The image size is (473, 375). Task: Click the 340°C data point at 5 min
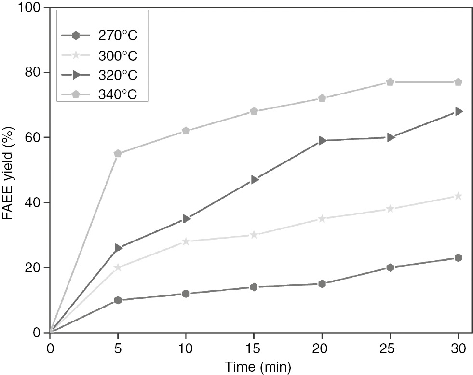point(118,154)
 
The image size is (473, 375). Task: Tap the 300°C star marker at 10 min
point(186,241)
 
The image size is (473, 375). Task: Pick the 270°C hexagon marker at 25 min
point(390,268)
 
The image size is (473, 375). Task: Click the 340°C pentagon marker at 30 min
point(458,82)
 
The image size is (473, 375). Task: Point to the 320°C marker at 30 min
point(458,111)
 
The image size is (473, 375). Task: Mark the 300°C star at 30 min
point(458,196)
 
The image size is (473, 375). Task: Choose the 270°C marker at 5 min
point(118,300)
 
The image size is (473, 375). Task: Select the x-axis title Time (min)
point(254,367)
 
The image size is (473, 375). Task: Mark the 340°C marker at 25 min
point(390,82)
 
